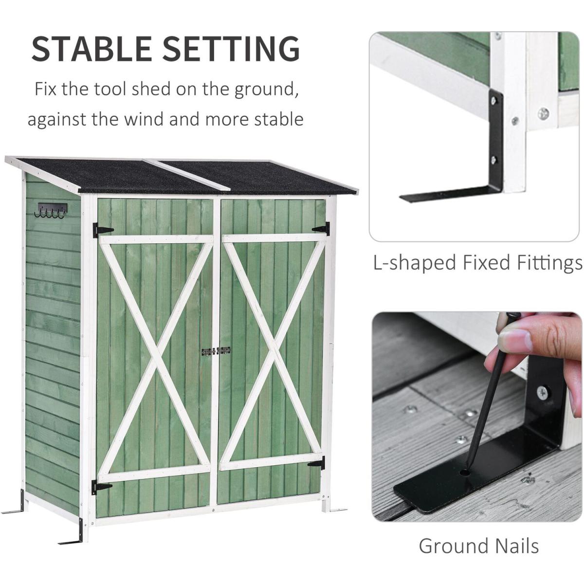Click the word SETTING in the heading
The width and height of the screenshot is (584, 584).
231,49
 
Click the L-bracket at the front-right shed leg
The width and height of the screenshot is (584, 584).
337,509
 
